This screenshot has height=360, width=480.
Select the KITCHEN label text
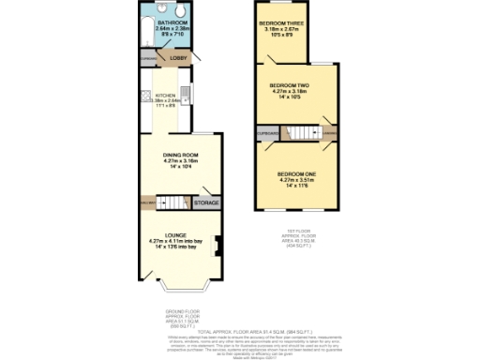(165, 95)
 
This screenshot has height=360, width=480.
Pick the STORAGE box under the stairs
(206, 202)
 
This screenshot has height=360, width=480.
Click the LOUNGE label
(175, 234)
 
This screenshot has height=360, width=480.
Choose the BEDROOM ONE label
(296, 174)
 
